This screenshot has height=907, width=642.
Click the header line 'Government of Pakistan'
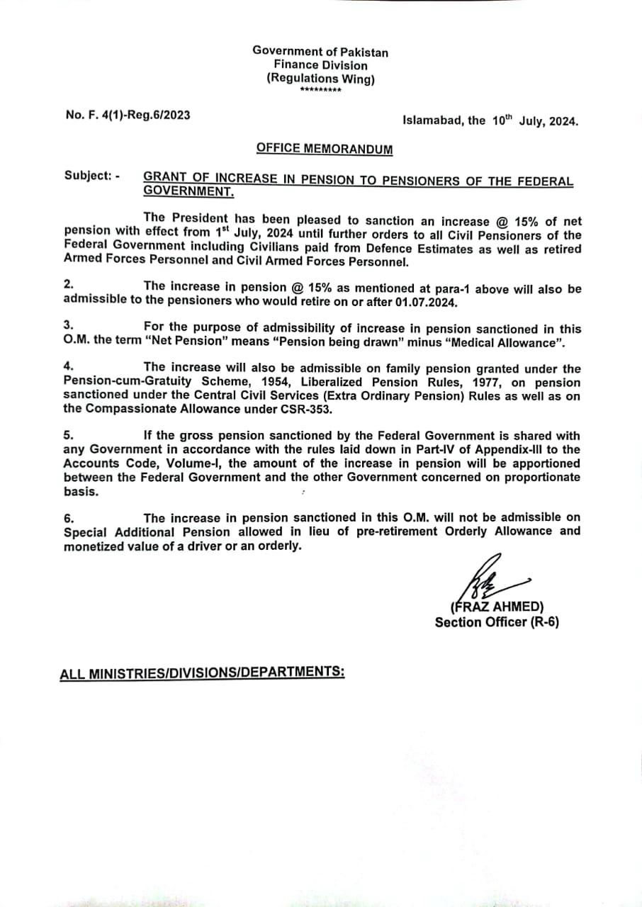[320, 52]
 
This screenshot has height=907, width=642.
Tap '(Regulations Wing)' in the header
[320, 79]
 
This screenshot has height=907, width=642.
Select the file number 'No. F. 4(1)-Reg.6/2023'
[128, 114]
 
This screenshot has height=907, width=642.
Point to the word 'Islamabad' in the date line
[434, 120]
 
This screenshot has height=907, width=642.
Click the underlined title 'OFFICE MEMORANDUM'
[325, 149]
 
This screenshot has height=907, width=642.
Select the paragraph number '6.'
[69, 518]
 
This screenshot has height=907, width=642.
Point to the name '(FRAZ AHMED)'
[497, 607]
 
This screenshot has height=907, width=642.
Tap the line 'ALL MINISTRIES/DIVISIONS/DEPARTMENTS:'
[202, 672]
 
